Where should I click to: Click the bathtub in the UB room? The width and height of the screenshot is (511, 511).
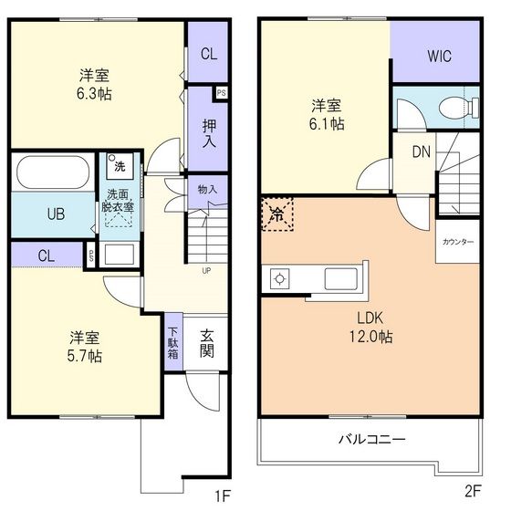click(x=51, y=172)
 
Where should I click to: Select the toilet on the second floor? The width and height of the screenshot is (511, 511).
click(x=454, y=109)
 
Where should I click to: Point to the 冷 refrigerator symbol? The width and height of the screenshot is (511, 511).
click(x=276, y=215)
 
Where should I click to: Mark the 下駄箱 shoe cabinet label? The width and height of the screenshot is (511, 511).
click(x=173, y=343)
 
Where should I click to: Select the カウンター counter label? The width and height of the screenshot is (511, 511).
click(x=457, y=242)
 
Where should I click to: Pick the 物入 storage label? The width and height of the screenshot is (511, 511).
click(x=208, y=190)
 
